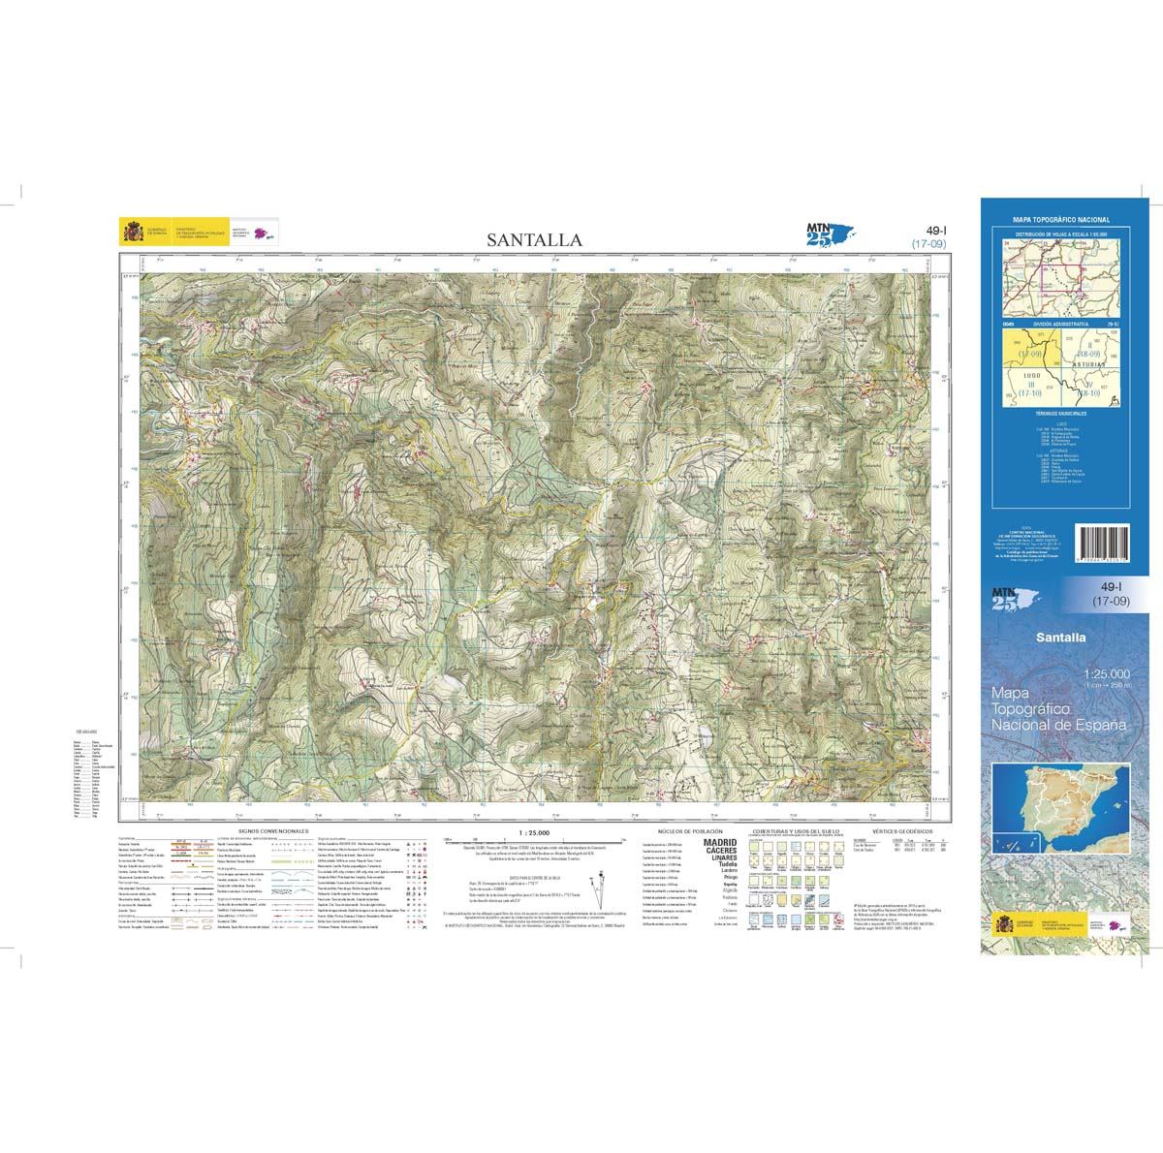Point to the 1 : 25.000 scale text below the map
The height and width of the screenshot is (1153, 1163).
[534, 831]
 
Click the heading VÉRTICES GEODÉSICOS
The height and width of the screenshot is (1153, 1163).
[896, 830]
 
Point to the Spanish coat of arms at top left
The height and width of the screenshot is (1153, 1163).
[130, 233]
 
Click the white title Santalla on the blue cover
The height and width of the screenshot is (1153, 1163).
[1059, 638]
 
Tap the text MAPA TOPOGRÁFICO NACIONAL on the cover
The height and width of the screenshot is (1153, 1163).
[1060, 221]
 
